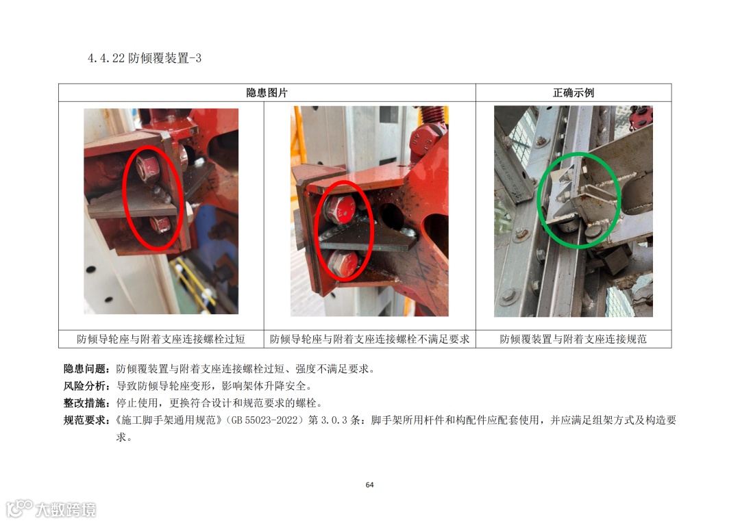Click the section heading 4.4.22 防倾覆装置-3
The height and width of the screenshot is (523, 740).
click(x=145, y=58)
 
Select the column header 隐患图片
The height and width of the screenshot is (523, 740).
click(x=267, y=93)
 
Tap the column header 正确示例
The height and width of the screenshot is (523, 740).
click(x=573, y=93)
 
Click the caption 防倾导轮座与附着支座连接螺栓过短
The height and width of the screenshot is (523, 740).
click(x=161, y=339)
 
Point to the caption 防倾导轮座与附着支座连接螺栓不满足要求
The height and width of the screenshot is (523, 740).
click(x=369, y=339)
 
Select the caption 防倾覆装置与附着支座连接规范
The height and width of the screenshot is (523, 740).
click(x=573, y=339)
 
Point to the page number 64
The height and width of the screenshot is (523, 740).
click(x=369, y=485)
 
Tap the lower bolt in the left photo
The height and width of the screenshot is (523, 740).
click(x=160, y=224)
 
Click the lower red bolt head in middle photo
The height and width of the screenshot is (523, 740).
click(x=343, y=263)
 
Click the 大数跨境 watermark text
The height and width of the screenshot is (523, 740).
click(x=66, y=509)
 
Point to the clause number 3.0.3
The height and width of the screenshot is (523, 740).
click(x=334, y=420)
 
